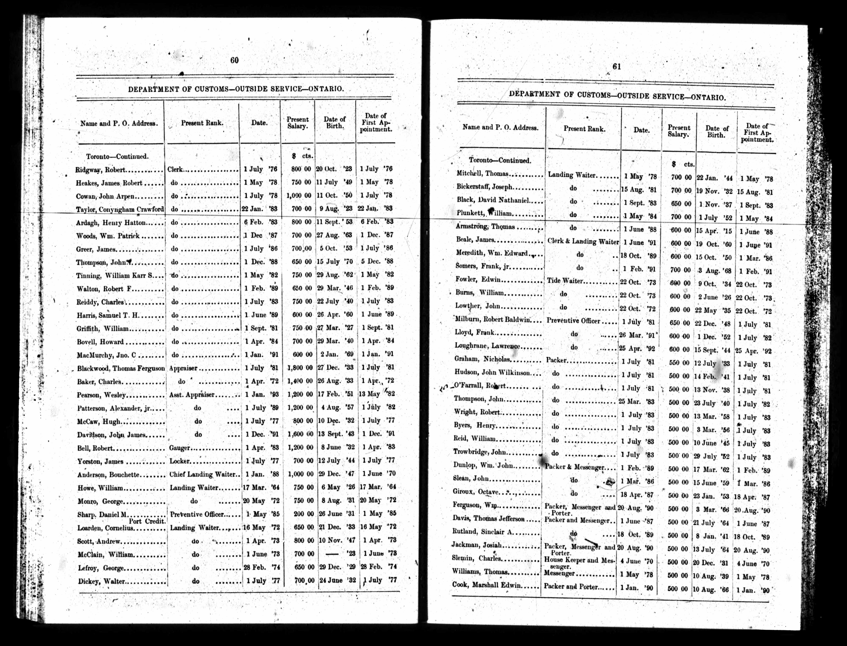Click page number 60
tap(234, 60)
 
